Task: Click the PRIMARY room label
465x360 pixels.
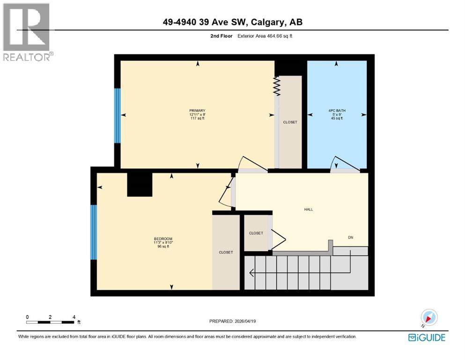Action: point(197,111)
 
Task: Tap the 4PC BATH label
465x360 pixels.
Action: point(336,111)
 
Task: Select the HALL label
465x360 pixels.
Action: point(308,209)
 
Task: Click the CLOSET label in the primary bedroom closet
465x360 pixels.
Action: point(290,122)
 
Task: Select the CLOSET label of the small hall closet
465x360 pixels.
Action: point(256,233)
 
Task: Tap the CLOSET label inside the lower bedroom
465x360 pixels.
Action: point(226,252)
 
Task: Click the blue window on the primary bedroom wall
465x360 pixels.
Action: point(118,115)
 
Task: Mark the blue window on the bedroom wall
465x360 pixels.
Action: point(93,232)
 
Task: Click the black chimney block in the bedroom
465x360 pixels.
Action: point(140,184)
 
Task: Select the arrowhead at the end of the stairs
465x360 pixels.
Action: point(251,272)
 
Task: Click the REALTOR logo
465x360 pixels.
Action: point(27,32)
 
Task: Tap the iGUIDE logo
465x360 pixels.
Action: point(427,337)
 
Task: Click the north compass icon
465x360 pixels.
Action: point(428,318)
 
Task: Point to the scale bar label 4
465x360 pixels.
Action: point(74,317)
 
